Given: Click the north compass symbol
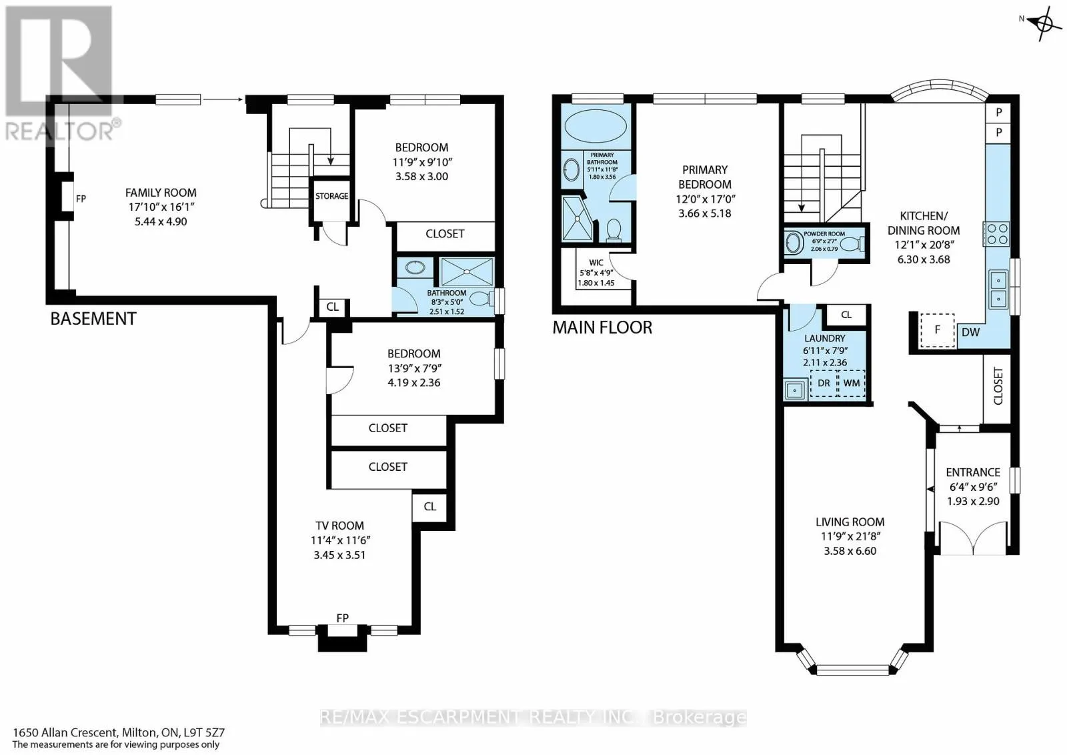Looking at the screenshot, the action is pos(1043,23).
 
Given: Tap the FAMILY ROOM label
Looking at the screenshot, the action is pos(161,193).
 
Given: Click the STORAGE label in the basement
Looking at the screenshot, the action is pos(331,196).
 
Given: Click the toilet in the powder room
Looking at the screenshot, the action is pos(850,244).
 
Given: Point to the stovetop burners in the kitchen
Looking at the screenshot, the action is pos(996,234).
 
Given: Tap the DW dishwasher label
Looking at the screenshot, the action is pos(970,333).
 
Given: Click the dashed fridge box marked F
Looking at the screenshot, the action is pos(937,330).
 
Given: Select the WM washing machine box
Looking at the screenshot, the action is pos(851,384).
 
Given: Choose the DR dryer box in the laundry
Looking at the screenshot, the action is pos(824,384).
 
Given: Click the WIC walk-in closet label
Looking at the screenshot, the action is pos(596,263).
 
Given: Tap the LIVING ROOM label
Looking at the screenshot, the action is pos(850,522).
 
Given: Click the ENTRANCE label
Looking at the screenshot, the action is pos(973,472).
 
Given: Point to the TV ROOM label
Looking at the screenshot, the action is pos(339,526).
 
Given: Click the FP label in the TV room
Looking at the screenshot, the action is pos(343,618).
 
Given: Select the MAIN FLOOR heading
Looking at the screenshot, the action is pos(602,327).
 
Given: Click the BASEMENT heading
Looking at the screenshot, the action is pos(93,319).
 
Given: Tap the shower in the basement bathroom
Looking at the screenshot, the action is pos(467,272).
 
